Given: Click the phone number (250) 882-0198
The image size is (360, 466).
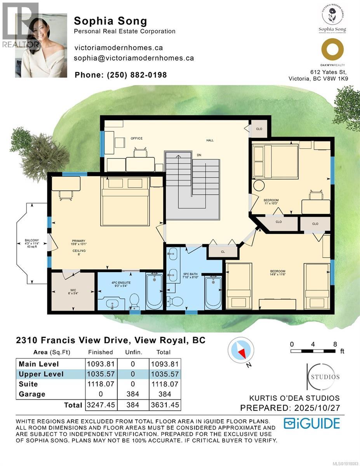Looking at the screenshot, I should tap(136, 75).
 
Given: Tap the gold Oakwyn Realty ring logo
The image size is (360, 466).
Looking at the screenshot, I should tap(332, 50).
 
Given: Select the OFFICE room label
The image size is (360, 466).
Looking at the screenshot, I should tap(136, 138).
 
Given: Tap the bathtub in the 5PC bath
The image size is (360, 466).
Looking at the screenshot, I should tap(212, 293).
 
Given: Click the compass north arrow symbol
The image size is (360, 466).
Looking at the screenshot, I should tap(242, 352).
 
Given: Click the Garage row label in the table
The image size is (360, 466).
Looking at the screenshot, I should tap(32, 394).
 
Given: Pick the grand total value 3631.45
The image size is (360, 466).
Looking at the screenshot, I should tap(165, 405).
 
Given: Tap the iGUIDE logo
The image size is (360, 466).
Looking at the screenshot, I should tap(311, 423).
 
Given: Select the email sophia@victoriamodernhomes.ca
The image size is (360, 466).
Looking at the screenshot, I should tap(134, 58).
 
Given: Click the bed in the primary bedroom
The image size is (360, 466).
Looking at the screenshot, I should tap(125, 201).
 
